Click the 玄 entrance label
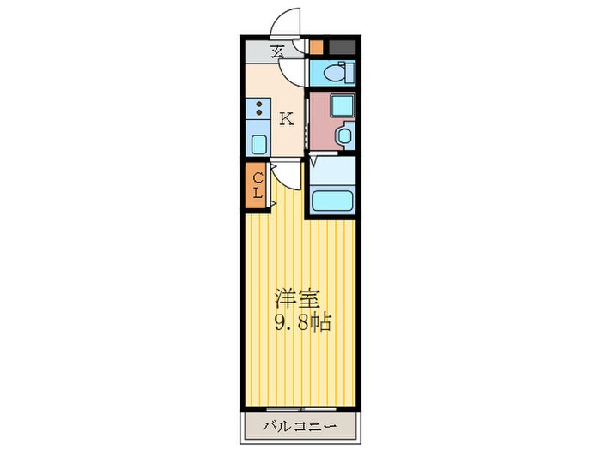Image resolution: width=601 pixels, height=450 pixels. [278, 52]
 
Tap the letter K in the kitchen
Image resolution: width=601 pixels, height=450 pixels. [287, 119]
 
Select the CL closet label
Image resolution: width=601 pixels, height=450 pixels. [257, 186]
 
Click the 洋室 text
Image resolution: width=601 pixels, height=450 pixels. [298, 299]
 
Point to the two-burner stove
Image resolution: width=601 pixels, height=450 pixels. [258, 110]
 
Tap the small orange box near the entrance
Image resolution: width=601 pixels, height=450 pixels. [316, 48]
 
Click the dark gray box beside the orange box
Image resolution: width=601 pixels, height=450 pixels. [341, 48]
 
